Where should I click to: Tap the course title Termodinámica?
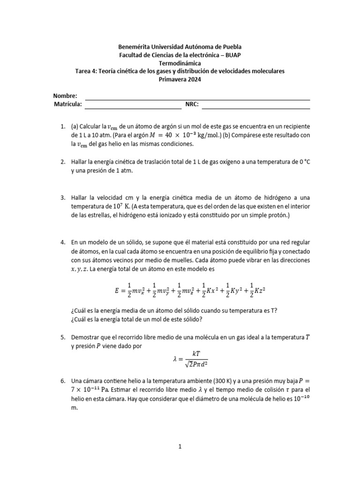point(180,63)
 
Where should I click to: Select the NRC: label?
point(193,105)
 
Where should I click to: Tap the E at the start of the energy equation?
point(117,290)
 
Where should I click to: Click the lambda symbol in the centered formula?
point(175,359)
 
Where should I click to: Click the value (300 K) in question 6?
point(200,381)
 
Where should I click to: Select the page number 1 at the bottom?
point(180,447)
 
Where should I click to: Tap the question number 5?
point(62,337)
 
